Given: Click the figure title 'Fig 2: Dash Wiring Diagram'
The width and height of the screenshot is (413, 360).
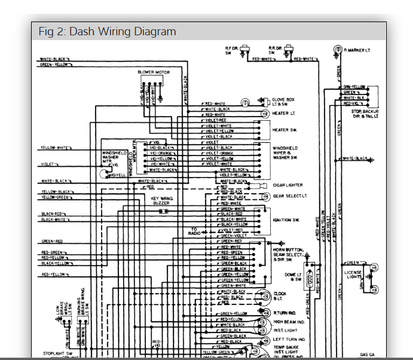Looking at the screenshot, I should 107,32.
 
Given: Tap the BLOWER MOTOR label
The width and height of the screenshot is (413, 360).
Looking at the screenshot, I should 154,72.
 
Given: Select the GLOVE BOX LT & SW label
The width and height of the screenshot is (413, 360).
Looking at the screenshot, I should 283,102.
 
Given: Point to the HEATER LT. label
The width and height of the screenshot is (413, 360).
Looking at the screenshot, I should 284,113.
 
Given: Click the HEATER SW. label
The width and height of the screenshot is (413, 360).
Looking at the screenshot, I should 284,130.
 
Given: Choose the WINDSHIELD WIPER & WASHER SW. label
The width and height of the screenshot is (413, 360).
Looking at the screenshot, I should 286,152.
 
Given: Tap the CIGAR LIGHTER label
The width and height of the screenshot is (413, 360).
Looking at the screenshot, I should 287,185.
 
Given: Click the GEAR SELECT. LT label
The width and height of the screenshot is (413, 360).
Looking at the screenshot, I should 290,196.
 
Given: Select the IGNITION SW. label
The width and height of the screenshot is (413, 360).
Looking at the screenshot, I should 286,220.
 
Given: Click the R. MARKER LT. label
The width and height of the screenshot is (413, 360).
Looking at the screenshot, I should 357,51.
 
